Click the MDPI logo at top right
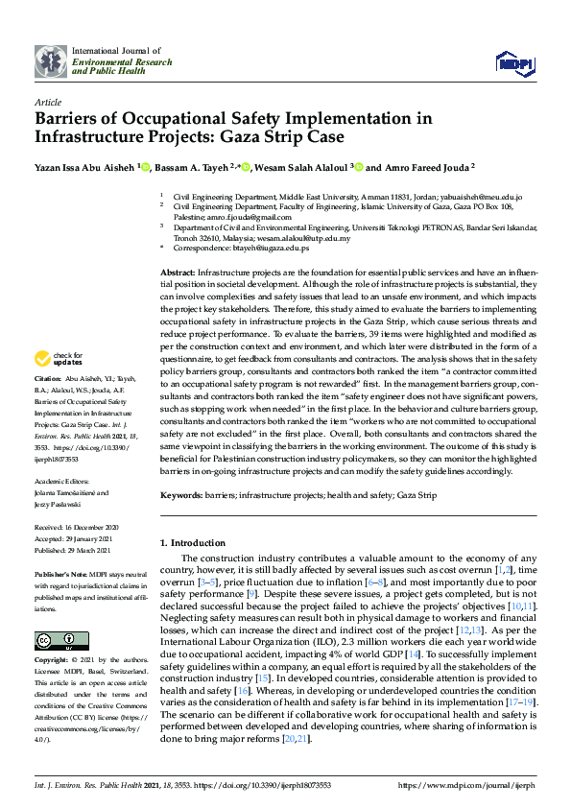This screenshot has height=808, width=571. pos(513,63)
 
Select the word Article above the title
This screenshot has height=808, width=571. pos(48,101)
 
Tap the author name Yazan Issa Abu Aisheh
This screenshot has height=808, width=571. pos(84,166)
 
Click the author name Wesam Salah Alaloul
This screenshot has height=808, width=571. pos(303,166)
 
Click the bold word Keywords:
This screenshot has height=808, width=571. pos(181,495)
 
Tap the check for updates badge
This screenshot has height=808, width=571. pos(58,359)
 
